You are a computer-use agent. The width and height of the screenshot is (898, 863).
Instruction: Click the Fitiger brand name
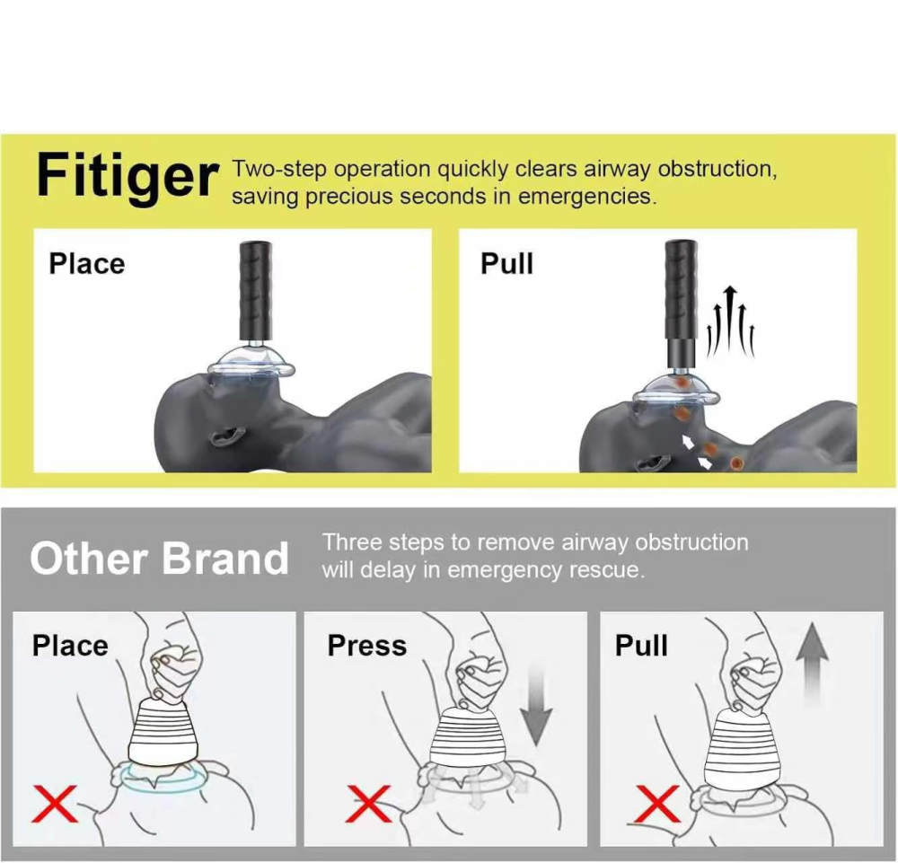coord(127,177)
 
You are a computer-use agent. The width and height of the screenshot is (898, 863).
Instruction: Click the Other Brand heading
coord(159,559)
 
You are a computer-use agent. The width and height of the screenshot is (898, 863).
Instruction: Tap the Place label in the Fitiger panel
coord(86,264)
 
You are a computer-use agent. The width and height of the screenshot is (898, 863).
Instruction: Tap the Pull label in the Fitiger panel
coord(506,264)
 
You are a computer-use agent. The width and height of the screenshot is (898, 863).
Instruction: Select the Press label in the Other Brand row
coord(366,646)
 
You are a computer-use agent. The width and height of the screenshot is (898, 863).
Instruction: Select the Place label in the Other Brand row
coord(70,646)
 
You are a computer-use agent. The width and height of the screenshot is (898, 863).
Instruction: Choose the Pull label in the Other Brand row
coord(641,646)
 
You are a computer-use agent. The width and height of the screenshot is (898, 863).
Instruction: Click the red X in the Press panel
coord(368,803)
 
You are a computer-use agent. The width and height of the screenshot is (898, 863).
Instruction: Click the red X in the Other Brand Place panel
coord(55,803)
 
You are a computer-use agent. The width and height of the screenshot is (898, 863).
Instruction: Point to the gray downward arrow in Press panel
coord(537,709)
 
